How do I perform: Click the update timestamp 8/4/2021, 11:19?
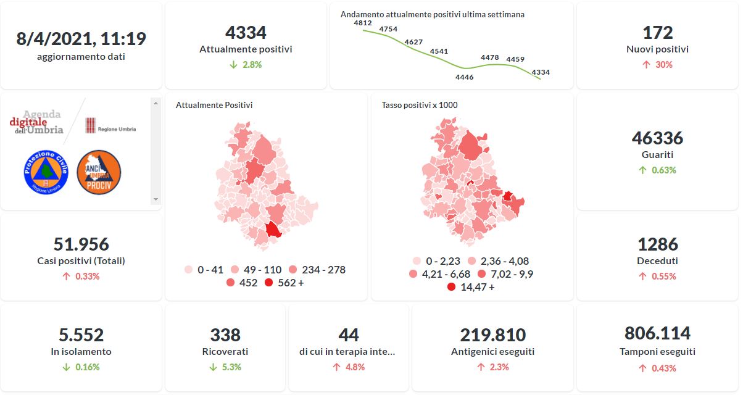pyautogui.click(x=81, y=39)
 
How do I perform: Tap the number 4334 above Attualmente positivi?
pyautogui.click(x=246, y=32)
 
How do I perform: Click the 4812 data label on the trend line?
pyautogui.click(x=363, y=23)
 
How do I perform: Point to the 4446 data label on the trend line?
pyautogui.click(x=464, y=77)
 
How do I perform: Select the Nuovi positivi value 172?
pyautogui.click(x=657, y=32)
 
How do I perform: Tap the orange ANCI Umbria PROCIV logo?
pyautogui.click(x=99, y=172)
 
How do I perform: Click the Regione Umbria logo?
pyautogui.click(x=110, y=125)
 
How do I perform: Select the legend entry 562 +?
pyautogui.click(x=284, y=283)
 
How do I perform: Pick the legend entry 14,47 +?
pyautogui.click(x=471, y=287)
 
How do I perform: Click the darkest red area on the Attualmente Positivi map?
pyautogui.click(x=273, y=230)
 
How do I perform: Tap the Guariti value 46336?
pyautogui.click(x=657, y=138)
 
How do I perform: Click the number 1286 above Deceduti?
pyautogui.click(x=657, y=244)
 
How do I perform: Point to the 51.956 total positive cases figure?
pyautogui.click(x=81, y=244)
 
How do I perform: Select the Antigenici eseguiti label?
pyautogui.click(x=492, y=352)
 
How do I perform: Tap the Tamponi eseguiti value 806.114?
pyautogui.click(x=657, y=333)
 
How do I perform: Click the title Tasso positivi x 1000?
pyautogui.click(x=420, y=105)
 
